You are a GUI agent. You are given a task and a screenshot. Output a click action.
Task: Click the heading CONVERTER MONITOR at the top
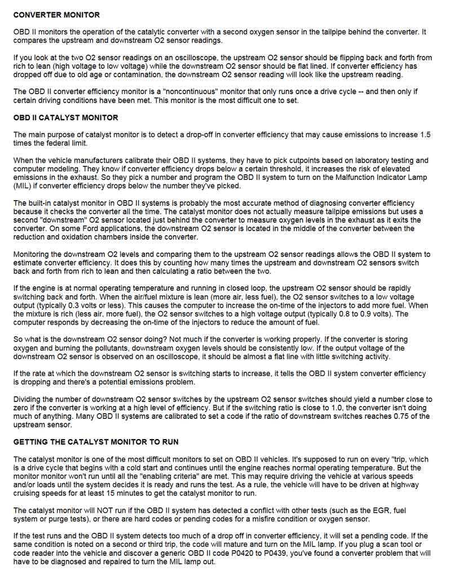coord(56,15)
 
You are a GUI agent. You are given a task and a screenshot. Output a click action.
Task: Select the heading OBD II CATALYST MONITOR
coord(65,118)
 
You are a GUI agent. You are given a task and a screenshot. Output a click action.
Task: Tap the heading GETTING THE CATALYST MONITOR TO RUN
coord(96,441)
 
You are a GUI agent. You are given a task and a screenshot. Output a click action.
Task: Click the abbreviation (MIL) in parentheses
coord(23,187)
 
